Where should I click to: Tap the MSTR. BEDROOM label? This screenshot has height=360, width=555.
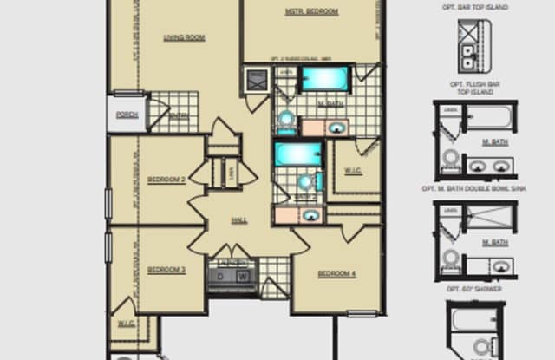pyautogui.click(x=311, y=12)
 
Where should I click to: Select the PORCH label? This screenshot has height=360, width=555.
pyautogui.click(x=127, y=114)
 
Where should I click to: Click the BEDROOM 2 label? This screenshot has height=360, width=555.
pyautogui.click(x=166, y=180)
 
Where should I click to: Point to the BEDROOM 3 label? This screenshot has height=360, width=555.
pyautogui.click(x=166, y=270)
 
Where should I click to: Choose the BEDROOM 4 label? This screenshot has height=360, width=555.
pyautogui.click(x=336, y=274)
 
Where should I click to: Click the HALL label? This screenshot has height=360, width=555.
pyautogui.click(x=240, y=220)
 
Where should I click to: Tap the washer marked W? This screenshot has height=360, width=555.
pyautogui.click(x=243, y=277)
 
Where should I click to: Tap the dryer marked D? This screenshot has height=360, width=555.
pyautogui.click(x=220, y=277)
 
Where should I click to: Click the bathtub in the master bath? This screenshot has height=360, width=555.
pyautogui.click(x=324, y=80)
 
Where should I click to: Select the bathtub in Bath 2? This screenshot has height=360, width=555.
pyautogui.click(x=297, y=154)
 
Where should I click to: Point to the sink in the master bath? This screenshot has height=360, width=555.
pyautogui.click(x=336, y=128)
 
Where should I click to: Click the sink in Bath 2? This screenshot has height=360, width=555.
pyautogui.click(x=310, y=214)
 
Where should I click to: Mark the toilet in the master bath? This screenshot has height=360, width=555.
pyautogui.click(x=285, y=119)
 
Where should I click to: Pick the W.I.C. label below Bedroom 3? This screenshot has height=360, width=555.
pyautogui.click(x=125, y=324)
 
